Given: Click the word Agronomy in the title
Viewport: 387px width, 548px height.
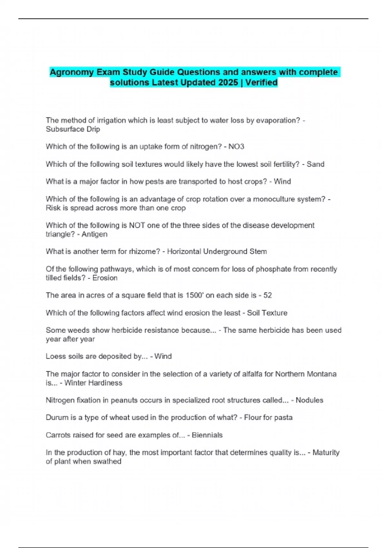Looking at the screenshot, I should click(72, 72).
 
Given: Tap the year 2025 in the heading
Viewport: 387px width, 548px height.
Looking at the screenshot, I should click(228, 83).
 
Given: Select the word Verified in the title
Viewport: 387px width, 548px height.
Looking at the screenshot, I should click(261, 83).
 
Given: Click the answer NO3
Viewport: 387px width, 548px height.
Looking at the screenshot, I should click(236, 147).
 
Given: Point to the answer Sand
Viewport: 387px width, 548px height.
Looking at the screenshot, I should click(315, 164).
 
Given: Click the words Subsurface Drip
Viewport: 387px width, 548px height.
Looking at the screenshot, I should click(73, 129).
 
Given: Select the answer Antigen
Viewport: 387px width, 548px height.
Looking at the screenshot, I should click(94, 234).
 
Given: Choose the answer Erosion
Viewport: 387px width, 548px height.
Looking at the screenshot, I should click(105, 278).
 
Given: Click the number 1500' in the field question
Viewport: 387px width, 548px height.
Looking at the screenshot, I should click(194, 295).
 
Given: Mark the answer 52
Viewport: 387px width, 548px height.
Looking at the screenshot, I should click(267, 295).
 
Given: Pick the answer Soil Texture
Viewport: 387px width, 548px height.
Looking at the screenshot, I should click(267, 313).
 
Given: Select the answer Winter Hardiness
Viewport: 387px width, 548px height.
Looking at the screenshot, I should click(93, 383).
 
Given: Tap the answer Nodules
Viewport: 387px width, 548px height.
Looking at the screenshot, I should click(309, 400).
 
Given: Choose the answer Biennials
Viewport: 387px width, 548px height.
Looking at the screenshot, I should click(207, 435).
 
